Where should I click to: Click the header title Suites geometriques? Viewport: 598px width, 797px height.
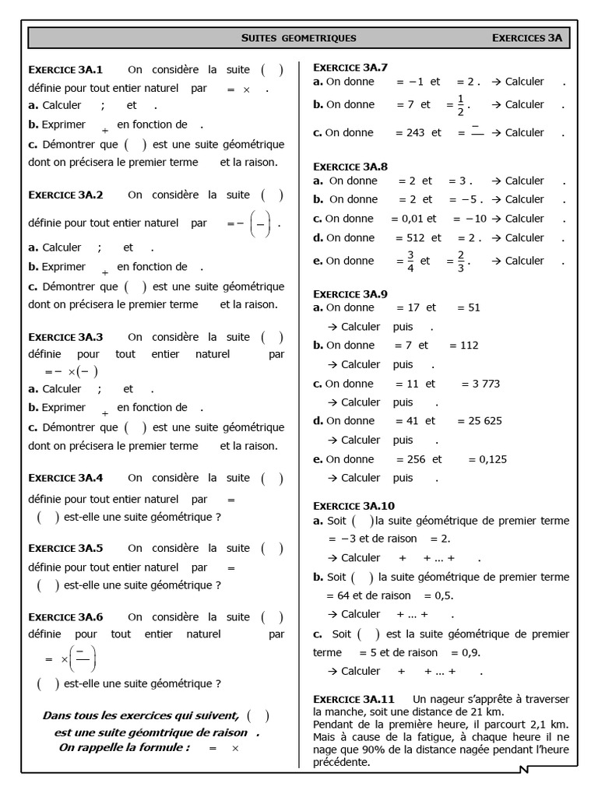click(299, 37)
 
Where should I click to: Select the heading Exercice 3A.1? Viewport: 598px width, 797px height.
click(71, 69)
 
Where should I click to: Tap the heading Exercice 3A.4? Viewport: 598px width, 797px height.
click(71, 478)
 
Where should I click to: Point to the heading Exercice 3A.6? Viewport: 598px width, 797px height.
click(71, 617)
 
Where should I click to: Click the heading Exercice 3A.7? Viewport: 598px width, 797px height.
click(350, 66)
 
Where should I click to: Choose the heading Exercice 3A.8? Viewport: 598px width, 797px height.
click(350, 166)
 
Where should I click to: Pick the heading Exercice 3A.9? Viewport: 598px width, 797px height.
click(350, 293)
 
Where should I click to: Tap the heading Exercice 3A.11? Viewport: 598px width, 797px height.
click(354, 698)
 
